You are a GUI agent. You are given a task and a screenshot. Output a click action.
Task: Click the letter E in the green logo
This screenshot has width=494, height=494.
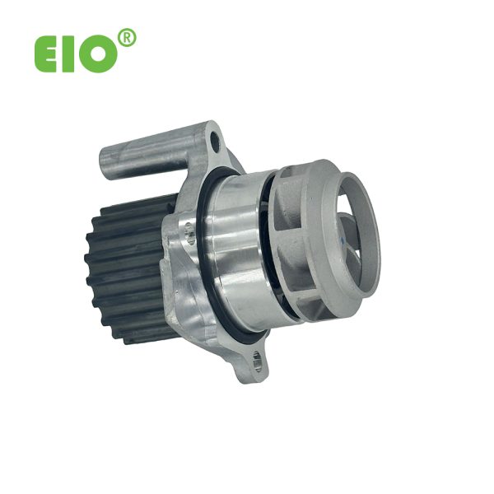[45, 54]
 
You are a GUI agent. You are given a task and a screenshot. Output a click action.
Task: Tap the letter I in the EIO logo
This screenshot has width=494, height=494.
[67, 54]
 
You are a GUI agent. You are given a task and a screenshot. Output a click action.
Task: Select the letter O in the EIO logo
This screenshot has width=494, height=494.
[98, 54]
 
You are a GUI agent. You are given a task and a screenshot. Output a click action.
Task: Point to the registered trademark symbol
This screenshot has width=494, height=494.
[127, 38]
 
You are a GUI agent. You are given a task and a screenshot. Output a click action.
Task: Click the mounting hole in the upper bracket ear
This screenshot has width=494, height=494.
[215, 141]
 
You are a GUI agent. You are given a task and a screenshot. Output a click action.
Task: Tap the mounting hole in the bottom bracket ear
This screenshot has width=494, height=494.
[257, 361]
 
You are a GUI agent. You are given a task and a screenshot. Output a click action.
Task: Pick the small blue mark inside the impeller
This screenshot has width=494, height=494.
[343, 240]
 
